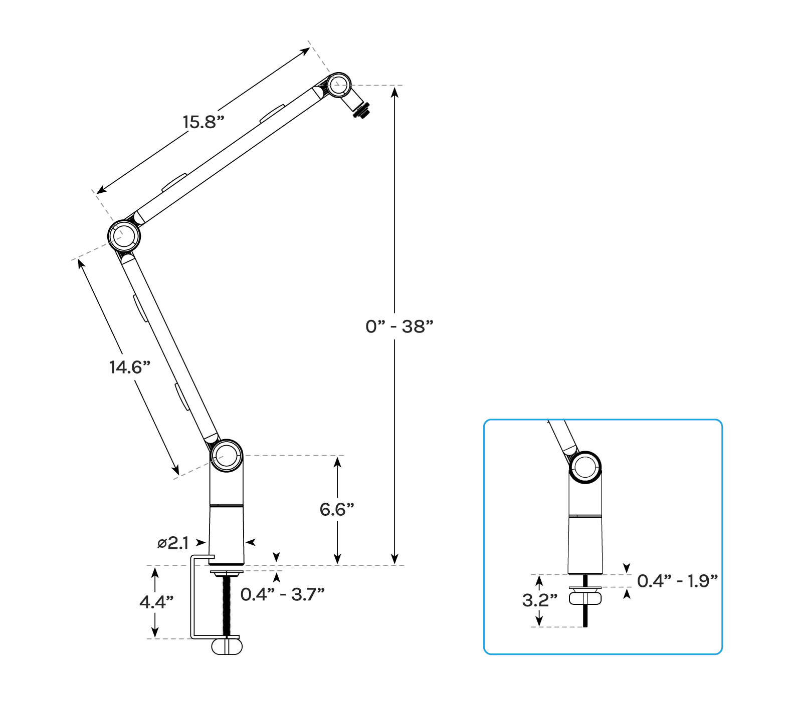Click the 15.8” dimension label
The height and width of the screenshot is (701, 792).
point(203,122)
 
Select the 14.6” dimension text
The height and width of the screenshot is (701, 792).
point(130,368)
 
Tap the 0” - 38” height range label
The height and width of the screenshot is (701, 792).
point(399,326)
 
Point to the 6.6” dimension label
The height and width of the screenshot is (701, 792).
point(337,510)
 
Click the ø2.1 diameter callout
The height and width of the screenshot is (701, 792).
point(173,543)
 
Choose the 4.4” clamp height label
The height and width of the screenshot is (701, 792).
point(156,602)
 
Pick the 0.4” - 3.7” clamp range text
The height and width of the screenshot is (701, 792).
point(282,594)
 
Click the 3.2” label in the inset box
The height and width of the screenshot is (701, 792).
point(539,600)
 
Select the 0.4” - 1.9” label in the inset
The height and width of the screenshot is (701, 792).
point(677,581)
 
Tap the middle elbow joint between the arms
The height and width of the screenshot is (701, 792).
point(124,235)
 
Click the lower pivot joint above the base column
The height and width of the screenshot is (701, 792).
point(227,455)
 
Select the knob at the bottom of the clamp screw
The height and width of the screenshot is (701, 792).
point(227,646)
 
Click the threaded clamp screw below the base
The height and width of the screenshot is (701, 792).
point(226,606)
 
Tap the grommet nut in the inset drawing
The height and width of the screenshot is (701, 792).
point(585,598)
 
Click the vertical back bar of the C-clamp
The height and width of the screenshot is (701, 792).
point(192,598)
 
